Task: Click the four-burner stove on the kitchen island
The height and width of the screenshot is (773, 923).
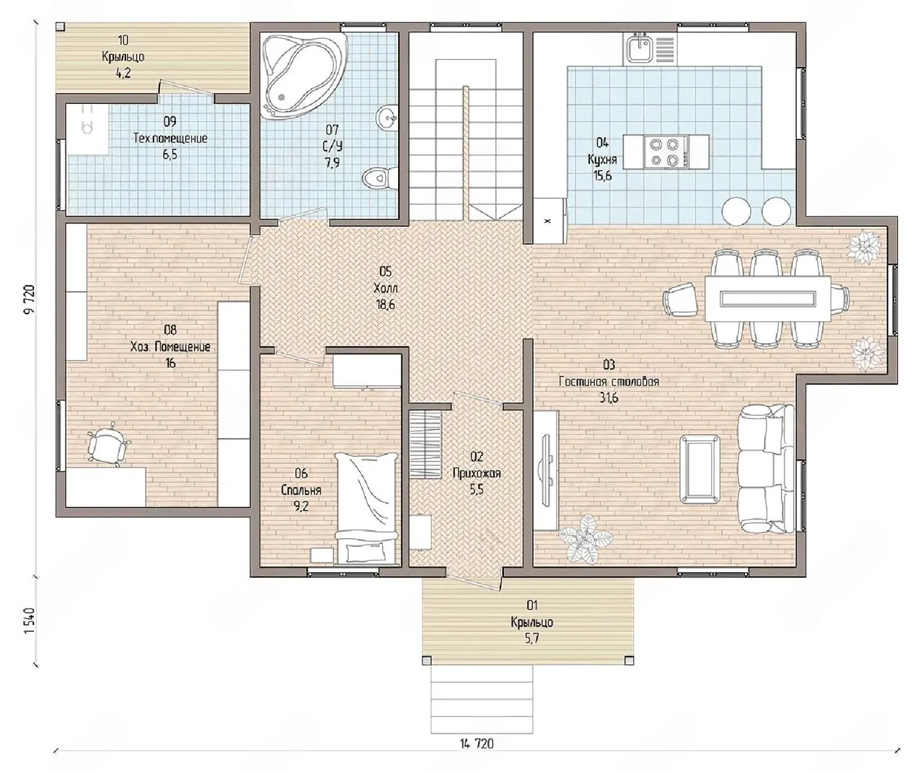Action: click(666, 151)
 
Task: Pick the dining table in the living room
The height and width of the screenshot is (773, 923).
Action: click(768, 298)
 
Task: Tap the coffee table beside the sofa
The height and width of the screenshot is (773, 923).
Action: click(699, 469)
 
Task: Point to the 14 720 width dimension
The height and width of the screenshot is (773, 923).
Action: click(477, 743)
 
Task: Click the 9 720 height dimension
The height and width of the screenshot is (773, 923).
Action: click(29, 299)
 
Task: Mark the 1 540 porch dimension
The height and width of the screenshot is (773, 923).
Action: click(29, 620)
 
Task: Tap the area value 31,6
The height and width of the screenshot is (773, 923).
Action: click(609, 398)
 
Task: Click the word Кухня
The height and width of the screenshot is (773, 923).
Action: click(602, 159)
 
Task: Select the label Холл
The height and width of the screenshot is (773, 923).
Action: click(386, 288)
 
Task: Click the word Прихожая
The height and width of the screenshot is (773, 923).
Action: click(477, 473)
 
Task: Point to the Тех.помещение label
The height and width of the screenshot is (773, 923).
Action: click(170, 138)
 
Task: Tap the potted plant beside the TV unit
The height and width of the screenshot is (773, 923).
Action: click(585, 538)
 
